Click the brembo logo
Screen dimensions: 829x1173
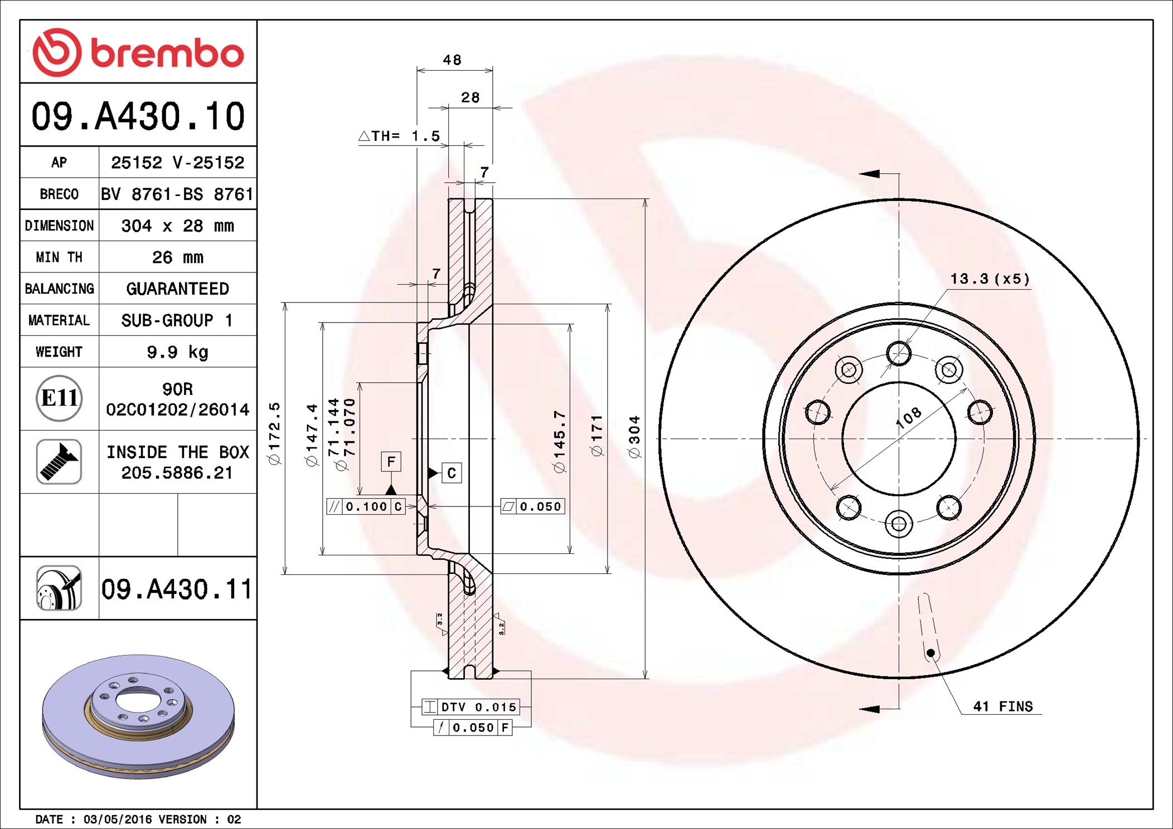pos(138,53)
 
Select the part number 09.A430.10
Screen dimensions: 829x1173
pos(138,116)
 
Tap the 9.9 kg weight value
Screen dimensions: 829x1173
pos(177,352)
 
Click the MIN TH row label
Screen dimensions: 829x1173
pos(59,257)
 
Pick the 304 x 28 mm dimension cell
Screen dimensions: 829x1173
pos(177,226)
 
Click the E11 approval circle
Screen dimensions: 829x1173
pos(59,398)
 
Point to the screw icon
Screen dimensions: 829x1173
pos(59,461)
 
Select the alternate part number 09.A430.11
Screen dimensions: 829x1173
pos(177,589)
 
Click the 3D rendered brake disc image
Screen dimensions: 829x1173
pos(138,716)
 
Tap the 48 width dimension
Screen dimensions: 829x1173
pos(452,60)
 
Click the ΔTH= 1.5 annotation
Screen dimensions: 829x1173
pos(399,136)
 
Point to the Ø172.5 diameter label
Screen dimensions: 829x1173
pos(275,433)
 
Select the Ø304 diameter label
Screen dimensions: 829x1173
pos(634,437)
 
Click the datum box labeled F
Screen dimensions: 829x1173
pos(391,461)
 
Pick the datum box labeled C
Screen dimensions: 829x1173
pos(452,473)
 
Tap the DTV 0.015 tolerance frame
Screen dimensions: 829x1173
pos(471,707)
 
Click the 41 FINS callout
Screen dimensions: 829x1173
pos(1002,706)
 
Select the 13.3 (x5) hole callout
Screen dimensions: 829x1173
pos(990,279)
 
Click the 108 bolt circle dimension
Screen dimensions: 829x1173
pos(909,417)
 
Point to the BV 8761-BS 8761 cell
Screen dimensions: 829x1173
pos(177,194)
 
